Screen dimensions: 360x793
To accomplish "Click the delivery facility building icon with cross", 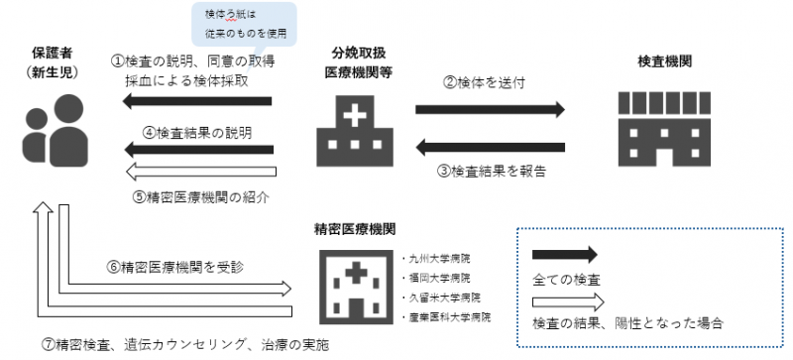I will [349, 133].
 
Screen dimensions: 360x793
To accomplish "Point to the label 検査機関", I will [665, 61].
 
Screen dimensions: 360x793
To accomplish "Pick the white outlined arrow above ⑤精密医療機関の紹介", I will [198, 173].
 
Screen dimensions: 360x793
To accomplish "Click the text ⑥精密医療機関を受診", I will [163, 267].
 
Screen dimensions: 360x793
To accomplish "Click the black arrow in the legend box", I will [565, 254].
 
